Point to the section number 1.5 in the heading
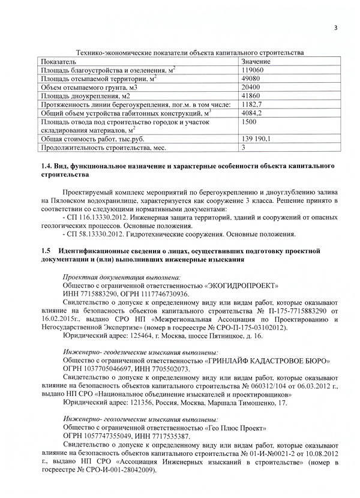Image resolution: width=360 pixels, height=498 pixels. [x=43, y=250]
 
